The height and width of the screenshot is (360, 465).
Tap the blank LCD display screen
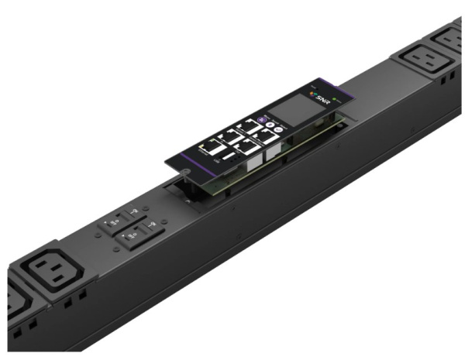[x=295, y=111]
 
